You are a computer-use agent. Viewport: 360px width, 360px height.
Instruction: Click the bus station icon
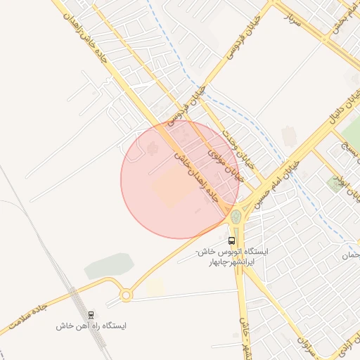click(x=232, y=239)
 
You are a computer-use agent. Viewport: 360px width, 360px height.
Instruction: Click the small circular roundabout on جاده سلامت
click(x=126, y=295)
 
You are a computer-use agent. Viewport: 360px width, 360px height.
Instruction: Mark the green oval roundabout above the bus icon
click(x=236, y=217)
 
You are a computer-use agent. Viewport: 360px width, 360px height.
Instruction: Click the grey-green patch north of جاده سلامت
click(x=109, y=266)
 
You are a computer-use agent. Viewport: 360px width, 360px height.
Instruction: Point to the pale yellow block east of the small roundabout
click(x=155, y=285)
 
